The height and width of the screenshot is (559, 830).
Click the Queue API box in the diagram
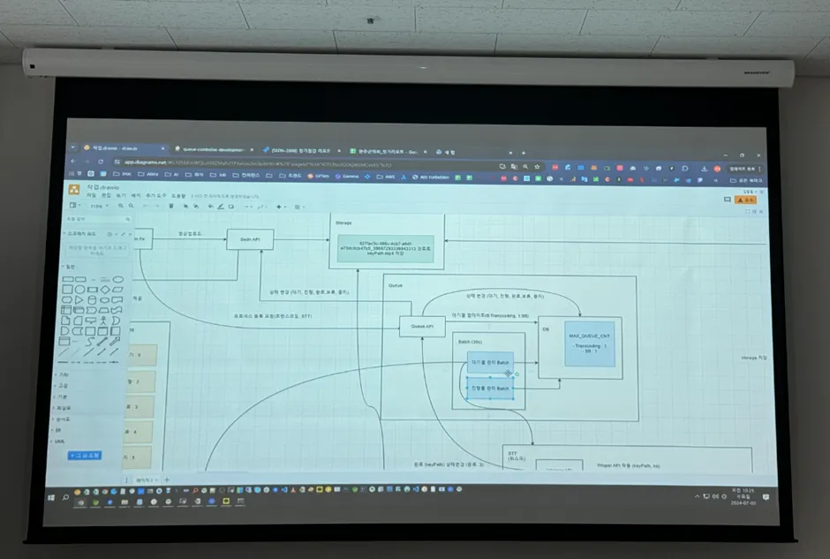(x=421, y=327)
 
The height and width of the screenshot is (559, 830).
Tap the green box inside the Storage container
(x=387, y=248)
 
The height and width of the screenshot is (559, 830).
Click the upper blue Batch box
(x=490, y=363)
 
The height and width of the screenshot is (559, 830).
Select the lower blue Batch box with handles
(x=490, y=389)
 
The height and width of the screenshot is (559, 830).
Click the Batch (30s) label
(x=469, y=342)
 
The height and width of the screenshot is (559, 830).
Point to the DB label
(x=547, y=329)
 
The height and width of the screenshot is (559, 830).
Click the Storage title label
(x=343, y=223)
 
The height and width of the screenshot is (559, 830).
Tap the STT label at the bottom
(x=512, y=454)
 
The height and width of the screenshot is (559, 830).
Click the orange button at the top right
(x=747, y=200)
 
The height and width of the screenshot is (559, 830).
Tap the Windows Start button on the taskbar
(x=52, y=496)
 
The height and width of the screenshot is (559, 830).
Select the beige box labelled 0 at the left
(x=142, y=355)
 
